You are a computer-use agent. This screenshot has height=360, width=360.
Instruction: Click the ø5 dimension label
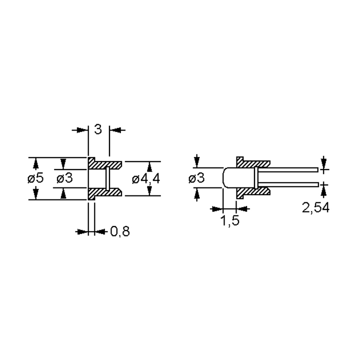(x=35, y=178)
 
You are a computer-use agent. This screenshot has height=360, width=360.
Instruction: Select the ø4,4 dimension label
(x=146, y=179)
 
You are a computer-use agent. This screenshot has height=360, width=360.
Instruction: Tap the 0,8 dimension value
(x=120, y=231)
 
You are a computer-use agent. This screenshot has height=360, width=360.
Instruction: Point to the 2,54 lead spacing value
(x=315, y=208)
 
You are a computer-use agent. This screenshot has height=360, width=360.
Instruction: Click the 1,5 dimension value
(x=230, y=220)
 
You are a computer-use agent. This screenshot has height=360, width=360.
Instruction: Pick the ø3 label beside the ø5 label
(x=64, y=178)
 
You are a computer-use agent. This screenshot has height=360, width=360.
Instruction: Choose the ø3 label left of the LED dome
(x=196, y=178)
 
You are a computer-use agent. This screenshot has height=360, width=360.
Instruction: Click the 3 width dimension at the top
(x=98, y=129)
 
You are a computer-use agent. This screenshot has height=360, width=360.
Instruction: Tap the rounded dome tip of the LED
(x=223, y=178)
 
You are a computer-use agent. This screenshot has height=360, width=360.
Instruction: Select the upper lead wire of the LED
(x=287, y=170)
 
